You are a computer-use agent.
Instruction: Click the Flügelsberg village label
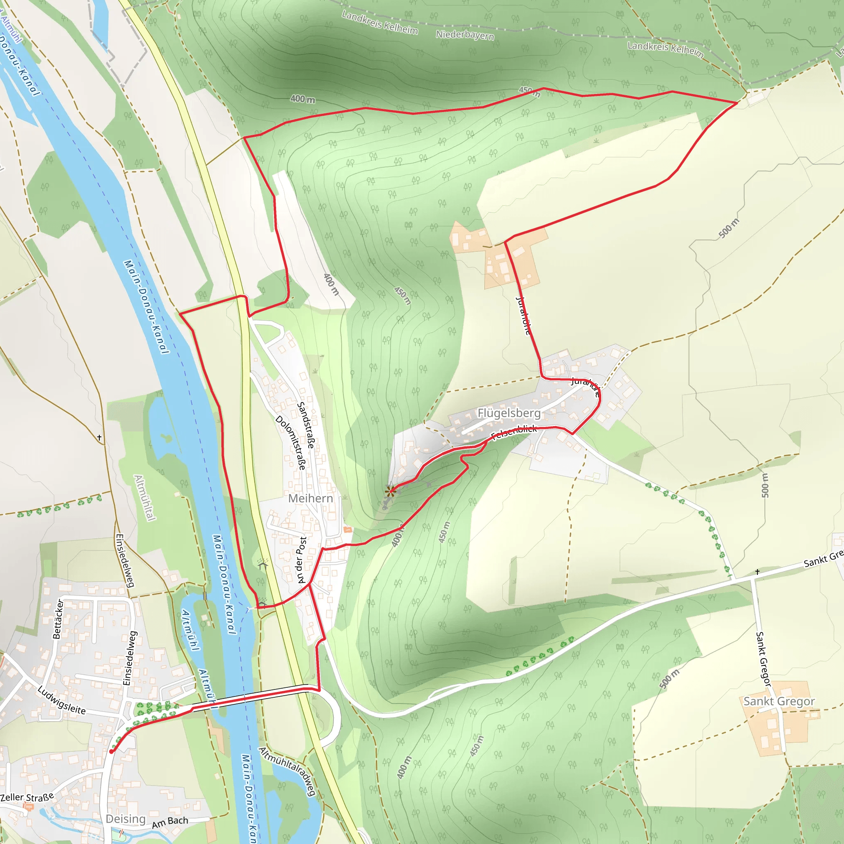[x=509, y=413]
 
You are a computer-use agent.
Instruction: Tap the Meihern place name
[x=311, y=499]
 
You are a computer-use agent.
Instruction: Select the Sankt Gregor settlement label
[x=779, y=701]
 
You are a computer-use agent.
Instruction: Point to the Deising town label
[x=125, y=819]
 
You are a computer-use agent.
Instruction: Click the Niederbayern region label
[x=465, y=35]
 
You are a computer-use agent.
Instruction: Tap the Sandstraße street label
[x=306, y=425]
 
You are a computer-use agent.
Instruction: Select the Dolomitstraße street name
[x=291, y=442]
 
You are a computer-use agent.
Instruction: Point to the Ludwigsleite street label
[x=61, y=700]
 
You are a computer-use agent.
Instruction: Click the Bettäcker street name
[x=58, y=619]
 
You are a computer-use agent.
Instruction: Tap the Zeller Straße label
[x=27, y=797]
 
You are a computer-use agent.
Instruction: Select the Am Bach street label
[x=170, y=823]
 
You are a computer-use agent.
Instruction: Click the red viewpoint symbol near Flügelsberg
[x=391, y=492]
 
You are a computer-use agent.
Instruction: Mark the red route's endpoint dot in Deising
[x=111, y=752]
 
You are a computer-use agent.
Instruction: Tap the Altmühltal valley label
[x=145, y=497]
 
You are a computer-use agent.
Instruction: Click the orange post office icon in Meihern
[x=348, y=530]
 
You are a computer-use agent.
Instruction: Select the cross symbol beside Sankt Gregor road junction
[x=757, y=572]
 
